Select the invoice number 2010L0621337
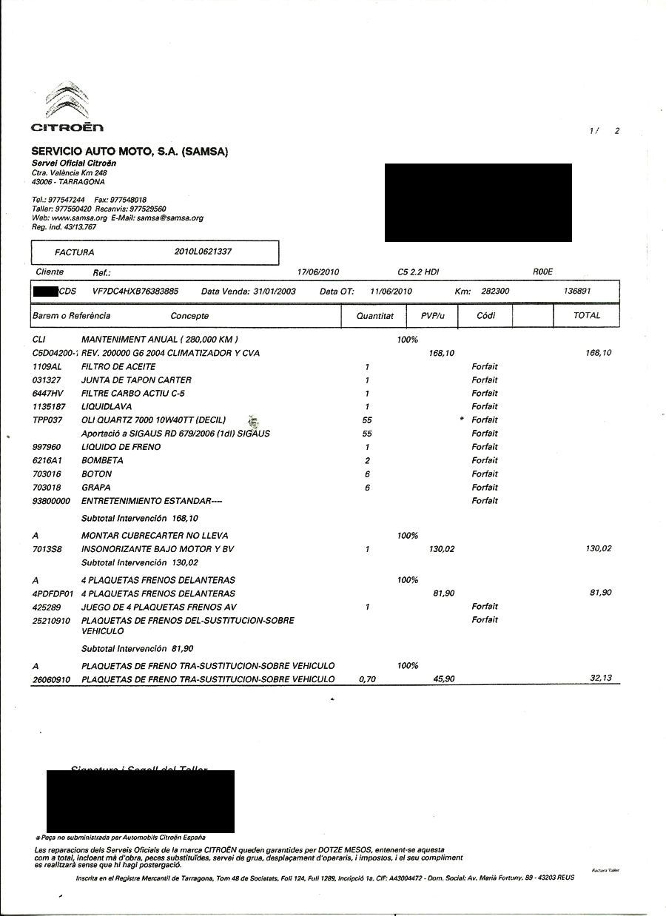pyautogui.click(x=203, y=252)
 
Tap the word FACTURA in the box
pyautogui.click(x=75, y=252)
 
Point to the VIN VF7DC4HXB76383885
pyautogui.click(x=135, y=292)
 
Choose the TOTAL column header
pyautogui.click(x=587, y=315)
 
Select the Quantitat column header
pyautogui.click(x=375, y=316)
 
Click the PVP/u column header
pyautogui.click(x=431, y=316)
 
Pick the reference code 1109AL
pyautogui.click(x=47, y=367)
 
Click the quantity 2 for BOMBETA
pyautogui.click(x=367, y=460)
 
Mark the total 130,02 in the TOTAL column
pyautogui.click(x=598, y=549)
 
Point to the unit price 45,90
pyautogui.click(x=443, y=679)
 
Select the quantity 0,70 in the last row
pyautogui.click(x=366, y=679)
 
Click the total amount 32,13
pyautogui.click(x=601, y=678)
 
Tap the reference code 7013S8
pyautogui.click(x=48, y=550)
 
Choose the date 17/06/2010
pyautogui.click(x=317, y=272)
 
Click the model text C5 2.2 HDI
pyautogui.click(x=418, y=272)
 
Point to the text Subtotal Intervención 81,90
pyautogui.click(x=137, y=649)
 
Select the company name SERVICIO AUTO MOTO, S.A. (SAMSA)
pyautogui.click(x=129, y=151)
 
